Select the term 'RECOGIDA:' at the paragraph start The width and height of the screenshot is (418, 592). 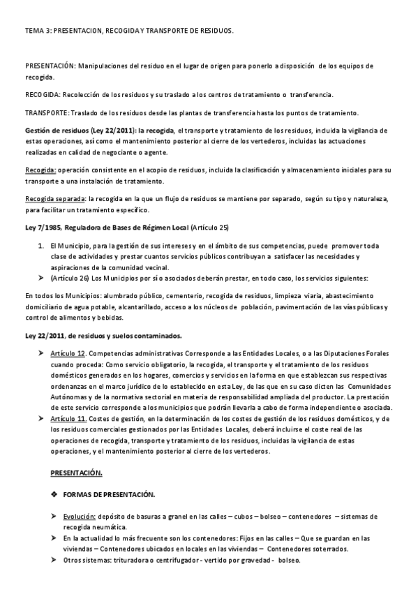pyautogui.click(x=43, y=94)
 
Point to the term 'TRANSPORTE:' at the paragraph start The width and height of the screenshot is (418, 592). pyautogui.click(x=45, y=112)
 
